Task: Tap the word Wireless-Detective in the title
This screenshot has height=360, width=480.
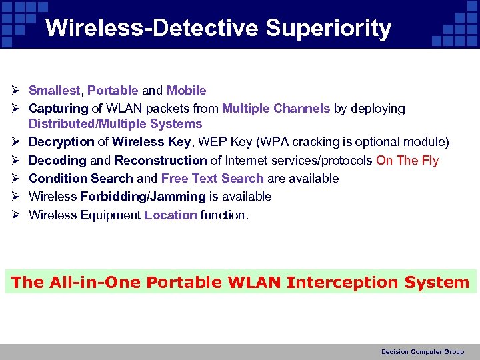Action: (x=152, y=29)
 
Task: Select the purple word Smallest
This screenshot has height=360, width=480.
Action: (x=55, y=91)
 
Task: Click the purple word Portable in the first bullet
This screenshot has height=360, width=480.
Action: (x=113, y=91)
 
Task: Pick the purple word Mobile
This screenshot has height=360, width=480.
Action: (x=186, y=91)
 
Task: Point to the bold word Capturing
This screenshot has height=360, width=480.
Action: (x=59, y=109)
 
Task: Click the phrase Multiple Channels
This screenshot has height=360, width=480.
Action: (x=276, y=109)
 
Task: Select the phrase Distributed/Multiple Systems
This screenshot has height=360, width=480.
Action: (x=115, y=124)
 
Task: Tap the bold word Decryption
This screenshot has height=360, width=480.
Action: (x=61, y=142)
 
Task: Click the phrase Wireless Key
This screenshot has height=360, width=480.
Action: (x=151, y=142)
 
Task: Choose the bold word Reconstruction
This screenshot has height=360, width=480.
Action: (x=161, y=161)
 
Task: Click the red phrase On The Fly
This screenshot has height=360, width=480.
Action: (x=407, y=161)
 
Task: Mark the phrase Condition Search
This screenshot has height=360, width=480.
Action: (x=81, y=179)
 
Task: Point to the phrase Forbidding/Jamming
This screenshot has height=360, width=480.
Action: (x=143, y=197)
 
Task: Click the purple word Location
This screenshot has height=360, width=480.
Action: (x=171, y=215)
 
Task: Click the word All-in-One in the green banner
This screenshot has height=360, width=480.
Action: (x=95, y=283)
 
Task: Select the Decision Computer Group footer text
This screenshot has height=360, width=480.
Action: (x=422, y=352)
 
